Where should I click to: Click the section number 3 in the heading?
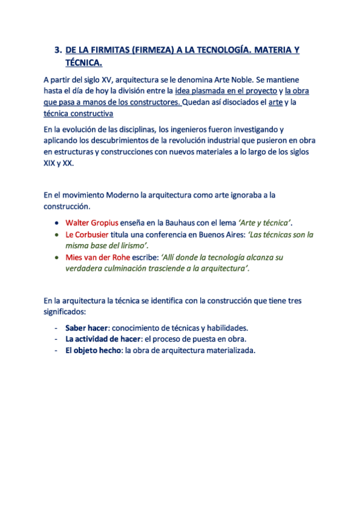(x=58, y=51)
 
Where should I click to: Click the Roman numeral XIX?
(x=50, y=163)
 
